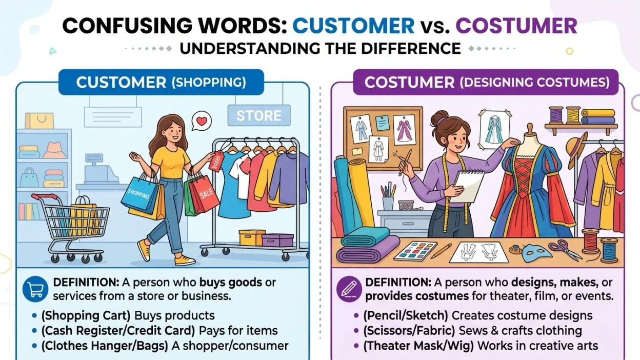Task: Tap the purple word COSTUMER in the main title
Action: coord(516,26)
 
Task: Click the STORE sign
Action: coord(258,116)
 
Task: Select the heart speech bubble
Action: coord(202,122)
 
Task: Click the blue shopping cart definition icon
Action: coord(35,290)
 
